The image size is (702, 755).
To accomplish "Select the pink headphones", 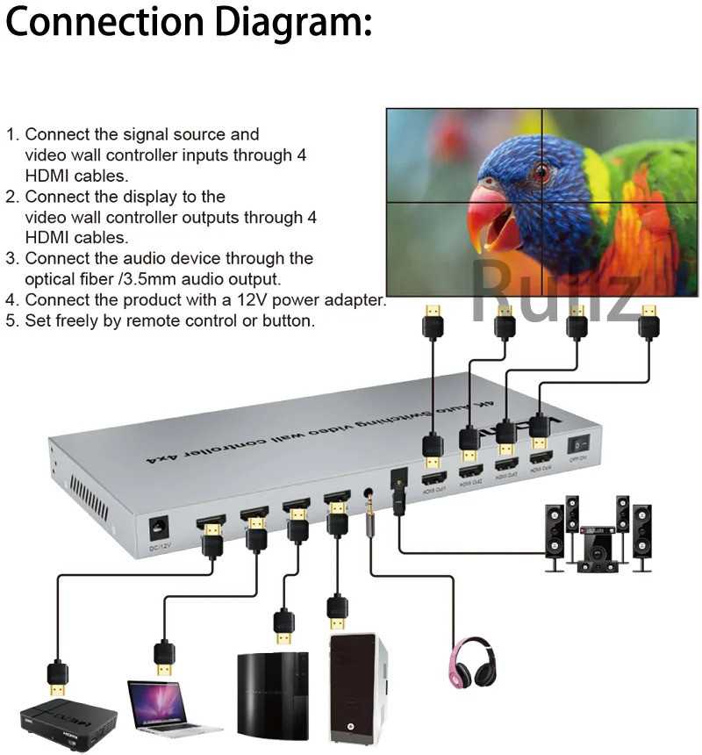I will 474,667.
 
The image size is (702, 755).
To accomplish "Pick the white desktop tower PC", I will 356,694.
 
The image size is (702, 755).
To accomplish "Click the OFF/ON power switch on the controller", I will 577,445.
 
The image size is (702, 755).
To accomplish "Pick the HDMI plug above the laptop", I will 163,658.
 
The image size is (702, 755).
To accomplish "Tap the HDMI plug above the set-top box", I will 57,678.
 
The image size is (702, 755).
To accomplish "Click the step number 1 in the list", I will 11,135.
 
